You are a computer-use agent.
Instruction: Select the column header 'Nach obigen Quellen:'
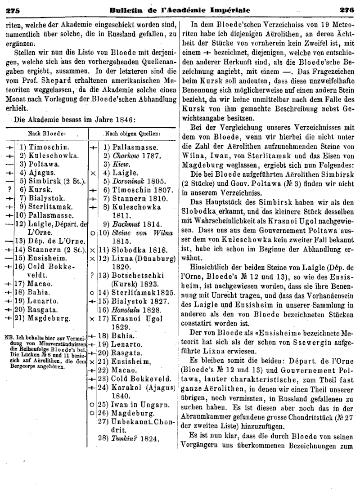pos(133,134)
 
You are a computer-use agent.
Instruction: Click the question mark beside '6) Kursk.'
pos(9,189)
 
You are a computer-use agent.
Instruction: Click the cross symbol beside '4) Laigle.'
pos(92,172)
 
